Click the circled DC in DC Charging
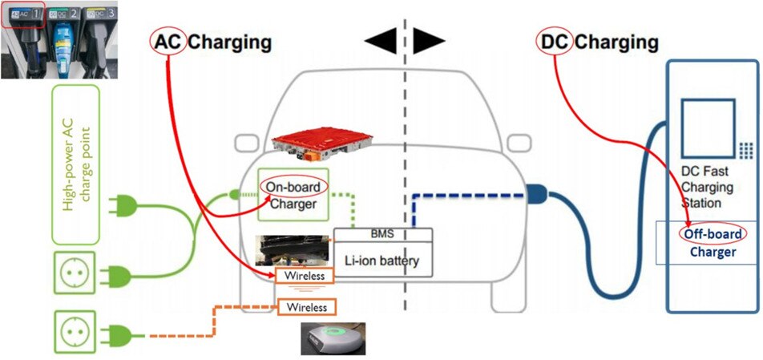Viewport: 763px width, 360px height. (555, 42)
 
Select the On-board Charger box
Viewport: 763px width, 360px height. (293, 195)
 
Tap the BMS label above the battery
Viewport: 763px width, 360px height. (382, 234)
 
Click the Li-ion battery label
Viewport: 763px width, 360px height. (382, 260)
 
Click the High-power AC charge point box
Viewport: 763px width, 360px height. (75, 164)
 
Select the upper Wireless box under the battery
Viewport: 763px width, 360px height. (303, 277)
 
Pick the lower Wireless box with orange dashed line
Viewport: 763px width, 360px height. (306, 306)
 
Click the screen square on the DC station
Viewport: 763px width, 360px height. (706, 128)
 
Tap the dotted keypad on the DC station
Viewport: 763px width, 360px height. (745, 150)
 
